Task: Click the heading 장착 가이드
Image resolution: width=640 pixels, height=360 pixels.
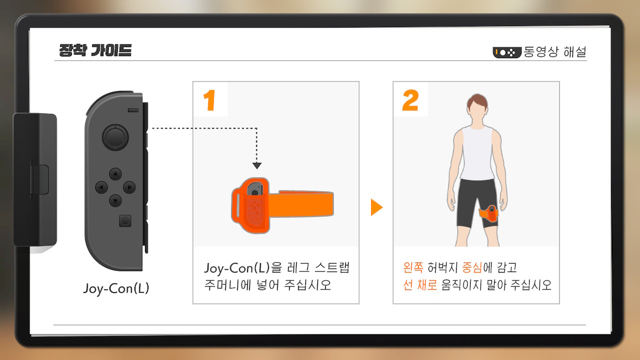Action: (95, 50)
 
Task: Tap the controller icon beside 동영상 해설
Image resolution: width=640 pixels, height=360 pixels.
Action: (507, 52)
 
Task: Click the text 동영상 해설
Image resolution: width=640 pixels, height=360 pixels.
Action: (555, 51)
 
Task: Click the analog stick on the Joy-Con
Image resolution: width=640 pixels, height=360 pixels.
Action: (115, 137)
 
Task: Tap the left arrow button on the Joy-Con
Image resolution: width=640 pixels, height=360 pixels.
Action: (101, 187)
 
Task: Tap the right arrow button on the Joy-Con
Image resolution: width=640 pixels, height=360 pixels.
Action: (129, 187)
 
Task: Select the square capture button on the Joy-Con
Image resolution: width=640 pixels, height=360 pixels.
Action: (125, 221)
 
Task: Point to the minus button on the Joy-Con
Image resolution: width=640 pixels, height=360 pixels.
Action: (133, 110)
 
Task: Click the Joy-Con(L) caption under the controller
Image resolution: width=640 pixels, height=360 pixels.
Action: (116, 288)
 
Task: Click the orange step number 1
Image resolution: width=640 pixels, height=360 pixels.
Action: (209, 100)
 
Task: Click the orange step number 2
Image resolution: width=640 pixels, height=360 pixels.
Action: (410, 100)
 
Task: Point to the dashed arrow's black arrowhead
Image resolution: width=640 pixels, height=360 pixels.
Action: (257, 165)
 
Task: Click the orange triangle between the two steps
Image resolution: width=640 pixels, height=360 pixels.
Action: (376, 207)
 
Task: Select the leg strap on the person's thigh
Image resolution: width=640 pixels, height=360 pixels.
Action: (488, 213)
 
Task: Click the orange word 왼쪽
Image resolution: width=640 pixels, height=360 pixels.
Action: (413, 267)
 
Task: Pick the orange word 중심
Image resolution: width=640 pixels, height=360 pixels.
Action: (472, 267)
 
